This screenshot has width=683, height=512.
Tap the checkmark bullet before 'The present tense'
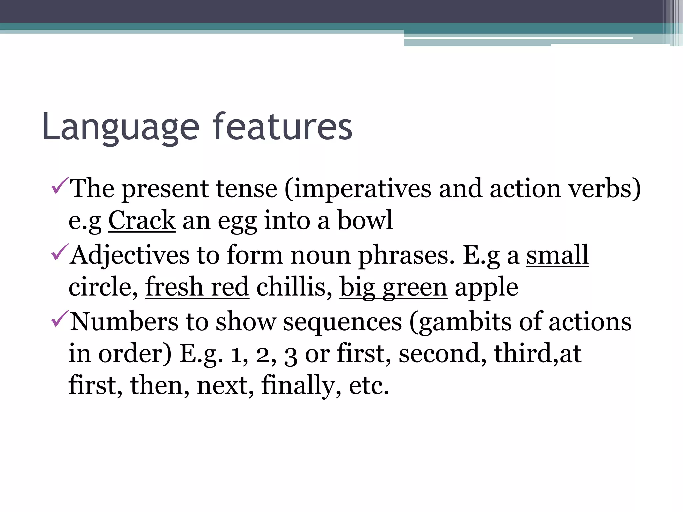click(60, 186)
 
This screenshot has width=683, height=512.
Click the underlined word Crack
click(142, 220)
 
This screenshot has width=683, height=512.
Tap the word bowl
click(365, 220)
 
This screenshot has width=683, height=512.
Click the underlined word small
click(557, 255)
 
